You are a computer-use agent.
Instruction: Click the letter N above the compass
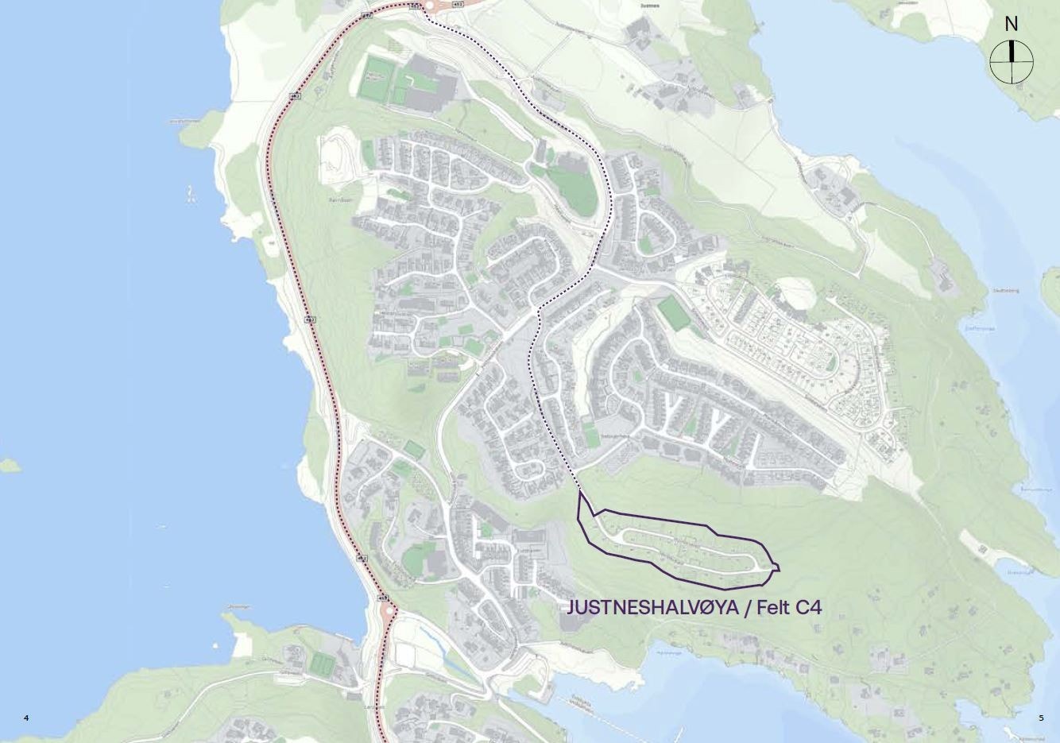click(x=1011, y=24)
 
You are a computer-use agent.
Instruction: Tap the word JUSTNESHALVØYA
click(x=652, y=608)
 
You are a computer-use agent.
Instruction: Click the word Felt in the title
click(x=771, y=608)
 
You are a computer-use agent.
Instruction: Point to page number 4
click(x=26, y=718)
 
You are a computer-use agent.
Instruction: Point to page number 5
click(x=1041, y=718)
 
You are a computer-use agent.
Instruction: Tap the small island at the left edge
click(x=9, y=465)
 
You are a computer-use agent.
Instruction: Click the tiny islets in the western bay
click(x=191, y=193)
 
